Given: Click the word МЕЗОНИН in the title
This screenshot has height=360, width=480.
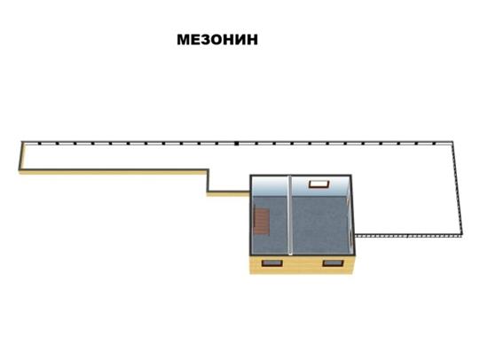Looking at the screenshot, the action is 217,40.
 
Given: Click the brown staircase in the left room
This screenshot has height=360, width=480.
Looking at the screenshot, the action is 262,221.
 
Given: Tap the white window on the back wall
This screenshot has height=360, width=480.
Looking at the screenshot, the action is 319,184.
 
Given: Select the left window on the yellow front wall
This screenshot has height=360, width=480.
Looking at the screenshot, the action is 271,263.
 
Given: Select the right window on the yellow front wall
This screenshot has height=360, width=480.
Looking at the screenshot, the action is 333,263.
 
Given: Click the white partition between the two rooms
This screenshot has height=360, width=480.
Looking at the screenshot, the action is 290,215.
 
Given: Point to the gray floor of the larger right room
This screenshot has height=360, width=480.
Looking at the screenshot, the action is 320,225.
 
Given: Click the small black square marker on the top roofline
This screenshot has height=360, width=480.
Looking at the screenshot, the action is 236,144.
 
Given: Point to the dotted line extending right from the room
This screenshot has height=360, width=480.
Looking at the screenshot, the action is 408,236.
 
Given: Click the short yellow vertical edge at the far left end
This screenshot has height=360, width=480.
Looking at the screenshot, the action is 20,156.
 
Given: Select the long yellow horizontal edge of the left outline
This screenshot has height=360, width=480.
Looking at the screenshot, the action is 114,172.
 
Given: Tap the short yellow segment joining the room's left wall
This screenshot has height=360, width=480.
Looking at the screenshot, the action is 228,193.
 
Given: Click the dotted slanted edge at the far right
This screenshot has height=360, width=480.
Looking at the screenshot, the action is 457,188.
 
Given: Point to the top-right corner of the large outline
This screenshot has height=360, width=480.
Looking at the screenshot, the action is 452,142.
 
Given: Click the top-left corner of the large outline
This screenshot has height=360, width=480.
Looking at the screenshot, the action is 22,142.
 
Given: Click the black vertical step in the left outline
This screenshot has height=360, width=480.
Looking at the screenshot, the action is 208,181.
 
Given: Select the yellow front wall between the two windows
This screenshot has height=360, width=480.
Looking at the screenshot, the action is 303,264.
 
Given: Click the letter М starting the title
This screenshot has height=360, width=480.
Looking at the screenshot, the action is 183,40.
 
